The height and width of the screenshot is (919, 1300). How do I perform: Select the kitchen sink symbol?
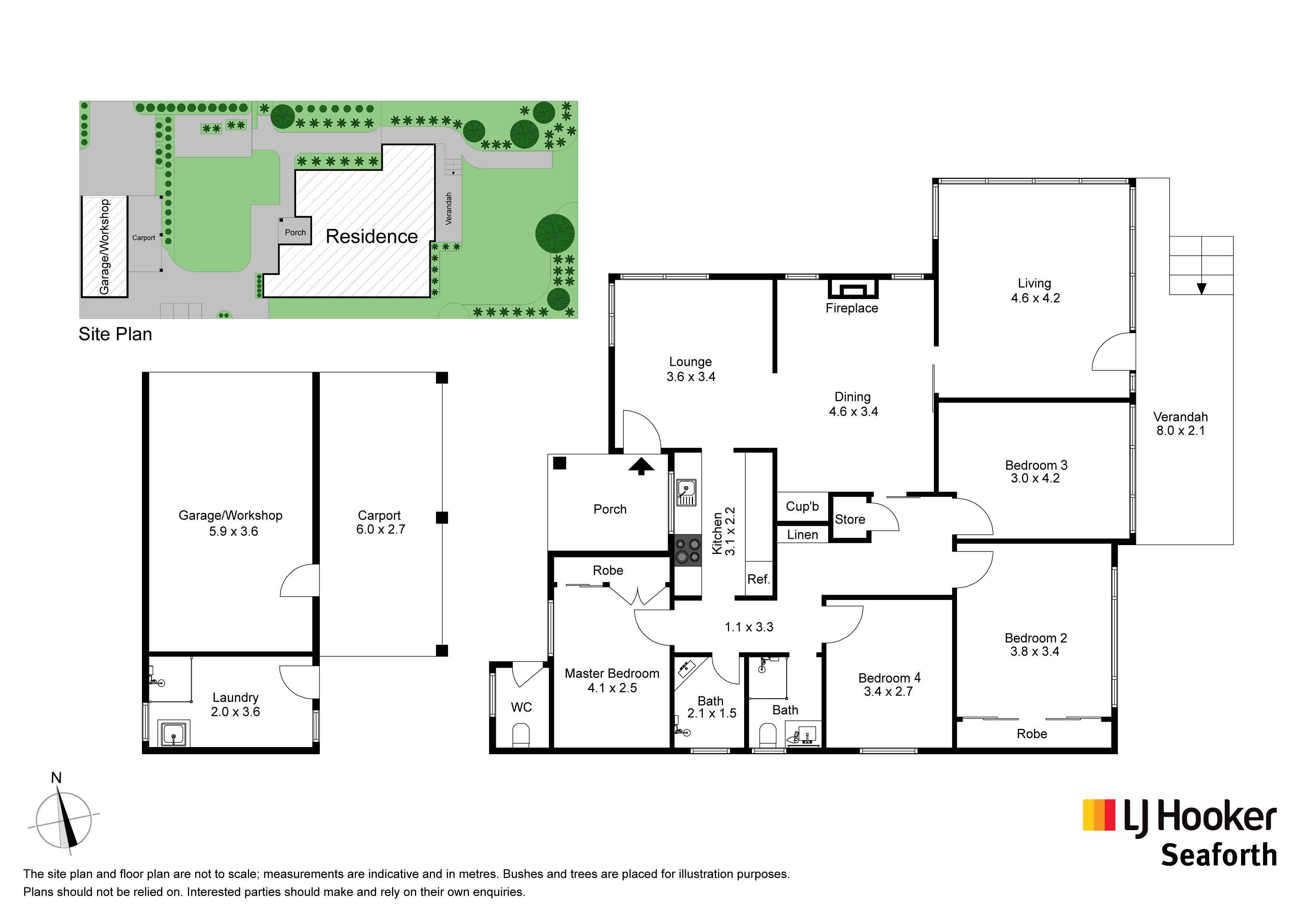(686, 492)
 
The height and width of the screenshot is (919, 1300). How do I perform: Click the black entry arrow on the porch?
(641, 466)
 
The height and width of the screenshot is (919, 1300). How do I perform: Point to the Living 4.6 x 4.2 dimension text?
(1035, 298)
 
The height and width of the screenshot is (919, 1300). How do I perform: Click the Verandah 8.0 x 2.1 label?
(1181, 424)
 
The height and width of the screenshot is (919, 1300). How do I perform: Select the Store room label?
(850, 519)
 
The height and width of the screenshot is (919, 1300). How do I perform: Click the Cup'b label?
(802, 506)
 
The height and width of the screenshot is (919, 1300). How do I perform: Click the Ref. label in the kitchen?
(758, 579)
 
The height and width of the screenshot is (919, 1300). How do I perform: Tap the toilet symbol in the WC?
(521, 736)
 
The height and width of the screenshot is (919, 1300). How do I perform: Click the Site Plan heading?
(116, 334)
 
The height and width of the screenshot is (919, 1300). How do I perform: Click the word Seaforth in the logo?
(1219, 855)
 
